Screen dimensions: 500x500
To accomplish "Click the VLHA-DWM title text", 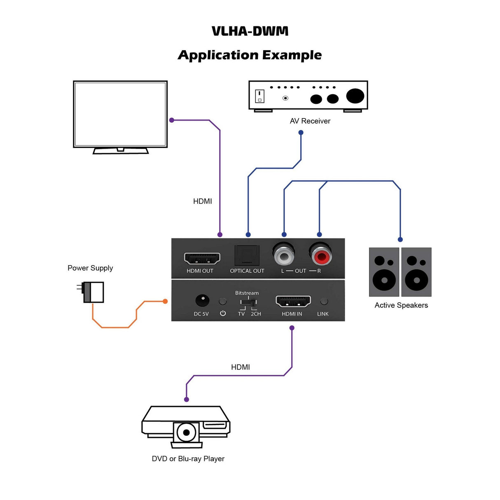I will pyautogui.click(x=250, y=31).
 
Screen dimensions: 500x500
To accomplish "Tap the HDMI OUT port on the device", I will pyautogui.click(x=202, y=258).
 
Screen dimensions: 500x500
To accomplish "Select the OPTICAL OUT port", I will pyautogui.click(x=247, y=255).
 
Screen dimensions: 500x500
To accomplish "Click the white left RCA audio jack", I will pyautogui.click(x=284, y=256).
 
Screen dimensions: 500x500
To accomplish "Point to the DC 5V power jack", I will pyautogui.click(x=202, y=301).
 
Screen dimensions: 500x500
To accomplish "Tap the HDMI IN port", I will pyautogui.click(x=293, y=301).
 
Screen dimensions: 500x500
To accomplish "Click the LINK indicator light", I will pyautogui.click(x=324, y=301).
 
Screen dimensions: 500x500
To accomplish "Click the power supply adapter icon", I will pyautogui.click(x=93, y=292).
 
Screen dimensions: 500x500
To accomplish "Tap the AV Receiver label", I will pyautogui.click(x=310, y=121).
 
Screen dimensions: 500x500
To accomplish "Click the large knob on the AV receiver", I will pyautogui.click(x=355, y=96).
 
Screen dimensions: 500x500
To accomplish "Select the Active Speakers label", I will pyautogui.click(x=401, y=305).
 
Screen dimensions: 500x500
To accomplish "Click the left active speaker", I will pyautogui.click(x=384, y=272).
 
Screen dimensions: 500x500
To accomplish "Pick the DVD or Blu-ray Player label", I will pyautogui.click(x=188, y=459).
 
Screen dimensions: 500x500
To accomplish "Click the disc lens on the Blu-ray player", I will pyautogui.click(x=186, y=432).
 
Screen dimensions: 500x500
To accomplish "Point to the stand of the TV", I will pyautogui.click(x=120, y=150).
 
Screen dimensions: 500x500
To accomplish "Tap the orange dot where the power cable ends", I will pyautogui.click(x=165, y=301).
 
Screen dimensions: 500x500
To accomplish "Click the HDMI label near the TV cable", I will pyautogui.click(x=202, y=201).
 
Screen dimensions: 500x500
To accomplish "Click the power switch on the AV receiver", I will pyautogui.click(x=259, y=96).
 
